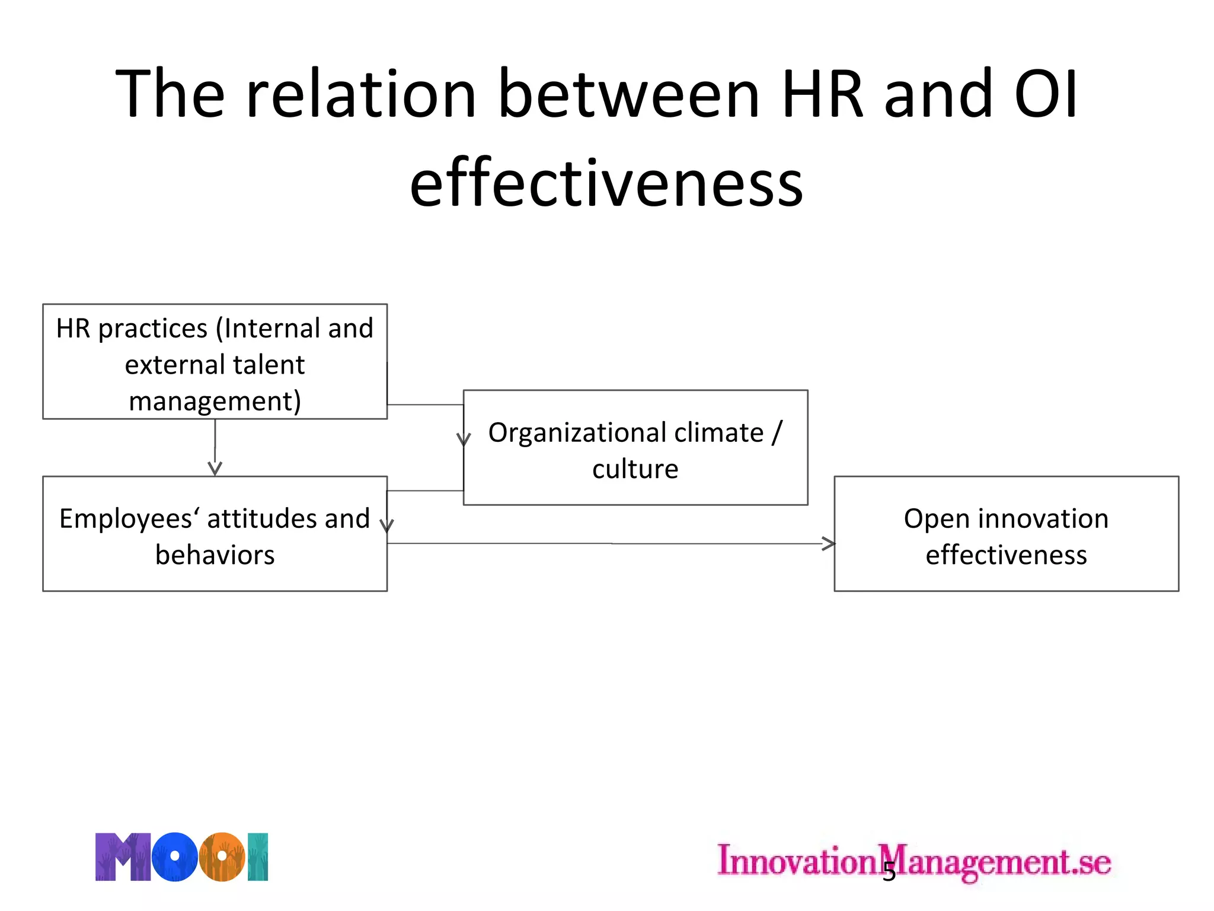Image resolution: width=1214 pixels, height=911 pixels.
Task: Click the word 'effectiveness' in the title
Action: pyautogui.click(x=606, y=183)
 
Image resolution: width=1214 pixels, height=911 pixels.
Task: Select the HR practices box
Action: pyautogui.click(x=215, y=361)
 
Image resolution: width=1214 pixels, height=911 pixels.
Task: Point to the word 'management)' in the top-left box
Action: pyautogui.click(x=215, y=402)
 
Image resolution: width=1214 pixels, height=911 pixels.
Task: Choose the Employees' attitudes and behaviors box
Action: pyautogui.click(x=215, y=533)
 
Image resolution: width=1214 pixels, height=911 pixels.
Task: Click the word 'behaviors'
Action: pyautogui.click(x=215, y=555)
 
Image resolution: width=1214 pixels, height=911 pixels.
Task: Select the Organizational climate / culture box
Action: pyautogui.click(x=635, y=448)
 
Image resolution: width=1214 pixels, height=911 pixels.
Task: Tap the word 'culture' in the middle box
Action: pyautogui.click(x=635, y=469)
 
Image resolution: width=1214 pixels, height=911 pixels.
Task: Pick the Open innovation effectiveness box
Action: pyautogui.click(x=1006, y=533)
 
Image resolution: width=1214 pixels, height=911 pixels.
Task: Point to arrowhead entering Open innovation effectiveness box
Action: pyautogui.click(x=829, y=543)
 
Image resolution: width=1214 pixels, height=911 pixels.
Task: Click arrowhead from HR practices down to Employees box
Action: pyautogui.click(x=215, y=469)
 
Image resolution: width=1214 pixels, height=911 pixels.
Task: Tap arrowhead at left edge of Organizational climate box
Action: pyautogui.click(x=464, y=439)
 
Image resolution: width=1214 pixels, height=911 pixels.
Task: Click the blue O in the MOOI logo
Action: pyautogui.click(x=174, y=856)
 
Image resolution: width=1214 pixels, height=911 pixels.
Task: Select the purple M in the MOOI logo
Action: pyautogui.click(x=123, y=856)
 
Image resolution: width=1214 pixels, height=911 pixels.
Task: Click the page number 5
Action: pyautogui.click(x=889, y=872)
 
